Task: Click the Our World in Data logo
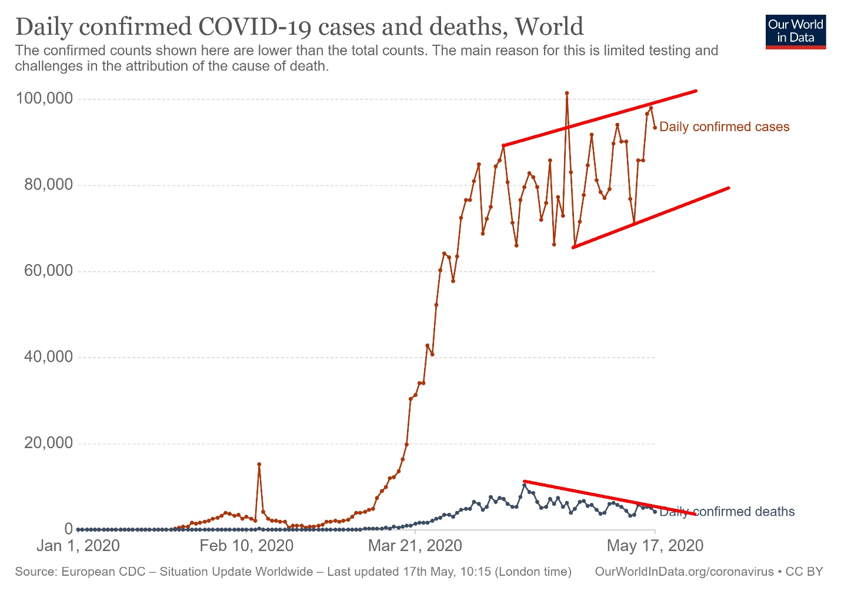796,32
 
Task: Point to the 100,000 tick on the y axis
45,98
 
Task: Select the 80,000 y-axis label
49,185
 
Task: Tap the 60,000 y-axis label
49,271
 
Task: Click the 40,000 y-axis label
49,357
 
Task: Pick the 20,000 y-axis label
49,443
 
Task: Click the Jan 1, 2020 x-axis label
78,546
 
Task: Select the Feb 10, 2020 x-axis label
246,546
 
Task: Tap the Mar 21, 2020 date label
415,546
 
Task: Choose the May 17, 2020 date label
655,546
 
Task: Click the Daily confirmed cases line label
724,127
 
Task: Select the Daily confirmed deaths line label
727,512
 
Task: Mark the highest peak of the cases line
566,93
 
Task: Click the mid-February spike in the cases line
259,464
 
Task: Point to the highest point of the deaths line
524,485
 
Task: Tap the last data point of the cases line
655,128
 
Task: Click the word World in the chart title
549,27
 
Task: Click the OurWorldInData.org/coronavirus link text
684,572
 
